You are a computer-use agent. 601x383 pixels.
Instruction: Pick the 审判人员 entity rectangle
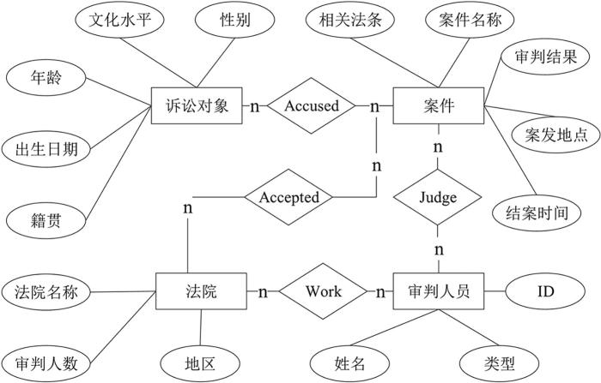tap(438, 291)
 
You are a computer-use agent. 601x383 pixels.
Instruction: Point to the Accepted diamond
tap(288, 197)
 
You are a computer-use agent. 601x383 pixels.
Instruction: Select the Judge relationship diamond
tap(438, 197)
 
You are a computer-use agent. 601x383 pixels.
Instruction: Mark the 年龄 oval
tap(47, 80)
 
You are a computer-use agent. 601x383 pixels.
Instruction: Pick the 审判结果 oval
tap(546, 58)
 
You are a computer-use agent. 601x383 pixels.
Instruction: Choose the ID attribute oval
tap(546, 291)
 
